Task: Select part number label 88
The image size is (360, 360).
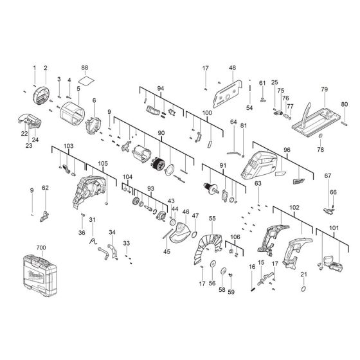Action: pos(84,67)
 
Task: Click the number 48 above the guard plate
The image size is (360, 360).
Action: pos(232,67)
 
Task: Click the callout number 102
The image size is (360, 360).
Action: pos(294,208)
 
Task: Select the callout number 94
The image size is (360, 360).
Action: pos(160,88)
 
